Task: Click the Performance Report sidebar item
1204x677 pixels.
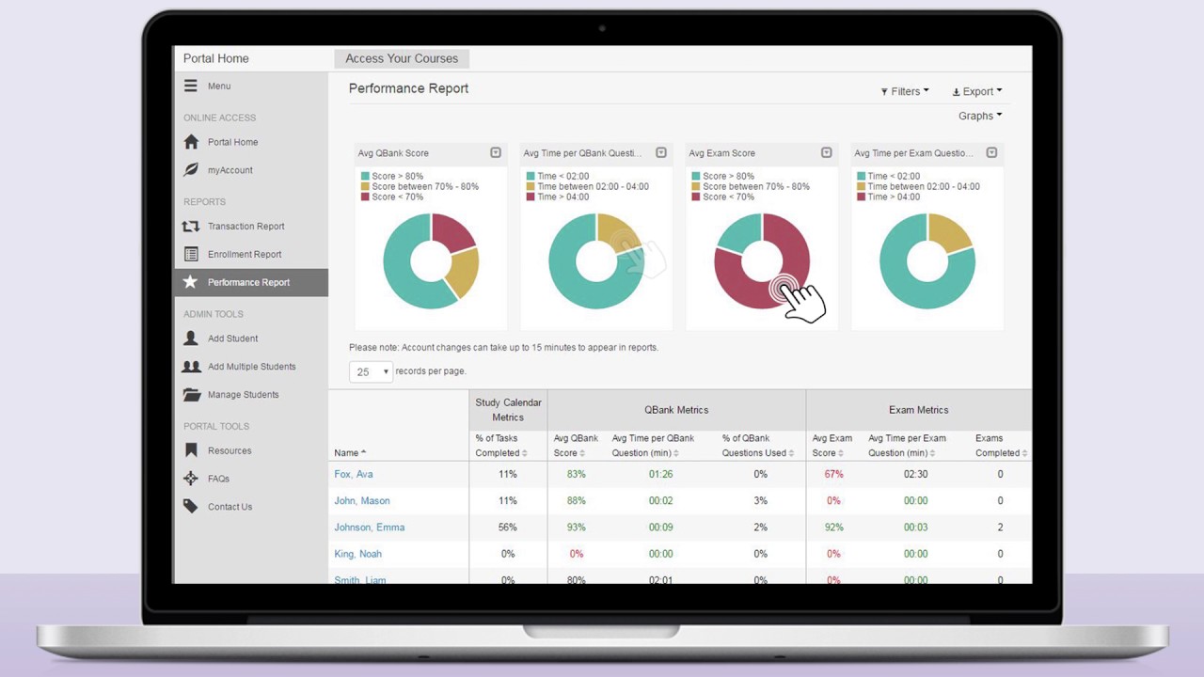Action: (x=248, y=282)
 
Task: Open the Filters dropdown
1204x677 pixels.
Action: (x=905, y=91)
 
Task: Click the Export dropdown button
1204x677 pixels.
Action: (x=977, y=91)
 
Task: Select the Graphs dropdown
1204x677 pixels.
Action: (x=980, y=116)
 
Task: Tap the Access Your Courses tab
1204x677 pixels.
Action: (x=402, y=58)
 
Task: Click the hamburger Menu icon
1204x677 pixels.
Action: (x=191, y=86)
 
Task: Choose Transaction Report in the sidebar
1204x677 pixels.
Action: (x=246, y=227)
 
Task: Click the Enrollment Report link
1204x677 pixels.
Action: (x=245, y=255)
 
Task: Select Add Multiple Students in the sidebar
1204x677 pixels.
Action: (x=251, y=367)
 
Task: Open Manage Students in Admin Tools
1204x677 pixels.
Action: (x=243, y=395)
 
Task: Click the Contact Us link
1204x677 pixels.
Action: (x=230, y=507)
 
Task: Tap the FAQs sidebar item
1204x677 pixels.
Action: (x=218, y=479)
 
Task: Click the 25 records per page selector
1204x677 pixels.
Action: (x=371, y=371)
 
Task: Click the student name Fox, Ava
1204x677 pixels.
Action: (x=354, y=474)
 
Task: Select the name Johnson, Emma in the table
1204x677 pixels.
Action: (x=369, y=527)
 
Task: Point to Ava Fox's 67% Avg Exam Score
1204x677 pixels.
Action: (x=833, y=474)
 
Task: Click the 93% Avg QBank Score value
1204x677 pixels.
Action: (x=576, y=527)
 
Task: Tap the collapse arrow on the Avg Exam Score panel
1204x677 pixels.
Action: (x=827, y=152)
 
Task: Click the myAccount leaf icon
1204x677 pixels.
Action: (x=191, y=170)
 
